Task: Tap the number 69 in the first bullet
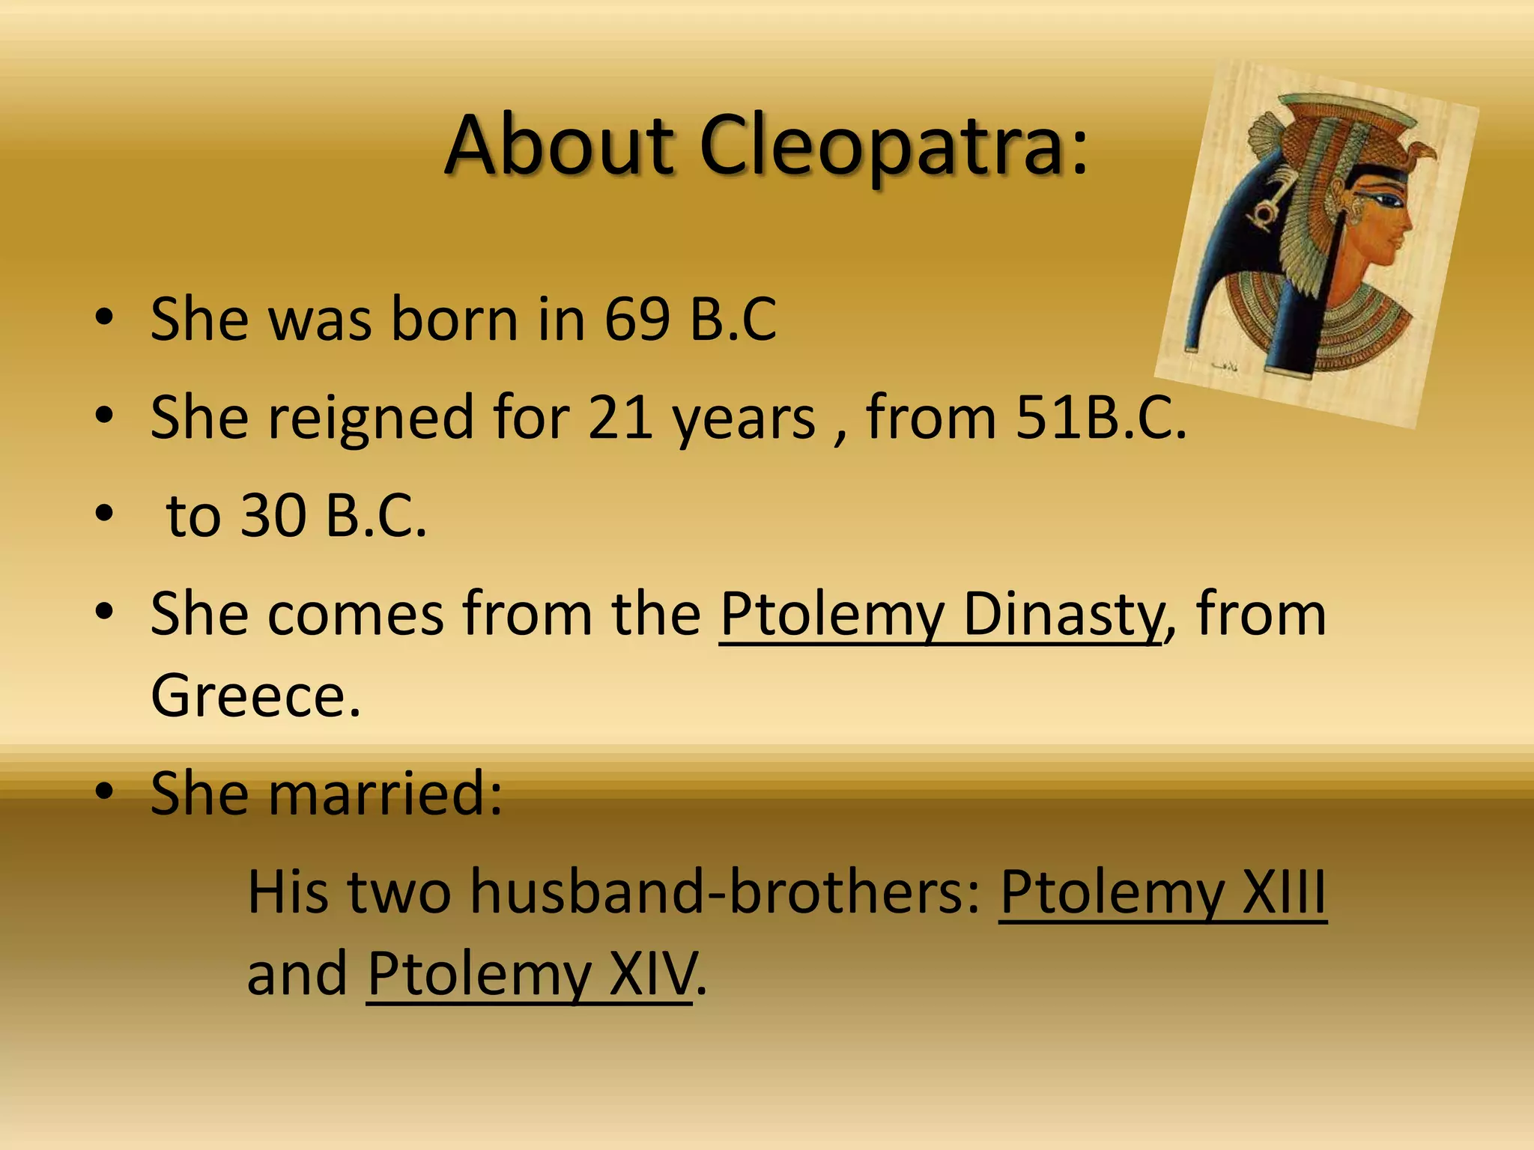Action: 637,319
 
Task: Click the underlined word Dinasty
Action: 1062,614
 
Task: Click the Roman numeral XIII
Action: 1284,892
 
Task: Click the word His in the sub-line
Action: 288,892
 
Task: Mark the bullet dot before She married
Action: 105,792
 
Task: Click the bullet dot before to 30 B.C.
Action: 105,515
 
